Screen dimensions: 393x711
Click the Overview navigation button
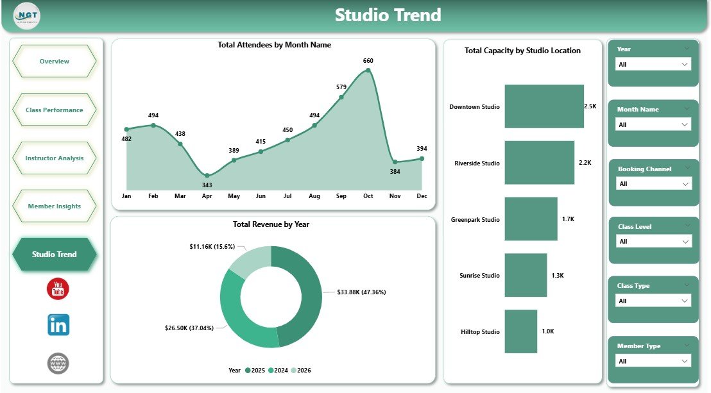click(55, 62)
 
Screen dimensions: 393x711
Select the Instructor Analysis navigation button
click(55, 158)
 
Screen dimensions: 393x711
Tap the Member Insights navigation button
click(55, 206)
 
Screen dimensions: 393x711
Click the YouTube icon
click(58, 289)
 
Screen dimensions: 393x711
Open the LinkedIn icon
click(58, 325)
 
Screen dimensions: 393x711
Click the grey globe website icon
click(58, 364)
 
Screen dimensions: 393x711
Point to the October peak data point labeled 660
click(368, 70)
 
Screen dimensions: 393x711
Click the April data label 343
click(207, 185)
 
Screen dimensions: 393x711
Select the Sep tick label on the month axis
click(341, 196)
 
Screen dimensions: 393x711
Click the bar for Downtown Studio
click(544, 106)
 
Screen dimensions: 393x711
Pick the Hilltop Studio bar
click(520, 331)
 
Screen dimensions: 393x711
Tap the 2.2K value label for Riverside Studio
click(585, 163)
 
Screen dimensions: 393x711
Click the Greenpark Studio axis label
click(474, 220)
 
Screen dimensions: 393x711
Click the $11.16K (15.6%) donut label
click(212, 246)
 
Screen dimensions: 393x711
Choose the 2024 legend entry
click(280, 370)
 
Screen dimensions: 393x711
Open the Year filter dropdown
click(653, 64)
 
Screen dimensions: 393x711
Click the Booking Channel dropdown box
click(654, 184)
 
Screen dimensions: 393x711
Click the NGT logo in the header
click(26, 15)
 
